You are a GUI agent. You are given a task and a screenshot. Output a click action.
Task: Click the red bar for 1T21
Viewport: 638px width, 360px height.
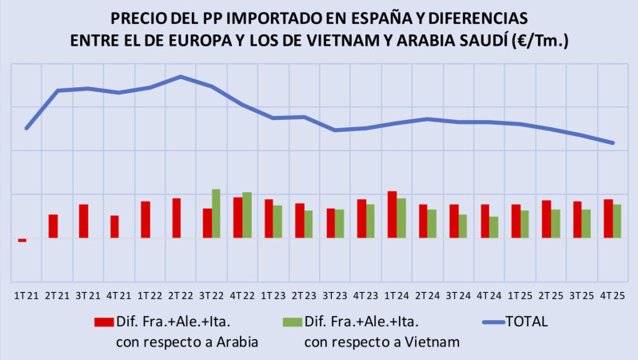point(22,240)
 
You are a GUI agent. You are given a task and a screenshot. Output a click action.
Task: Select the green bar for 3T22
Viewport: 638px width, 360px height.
point(216,214)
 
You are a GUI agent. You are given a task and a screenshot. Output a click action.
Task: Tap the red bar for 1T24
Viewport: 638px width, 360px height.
point(392,214)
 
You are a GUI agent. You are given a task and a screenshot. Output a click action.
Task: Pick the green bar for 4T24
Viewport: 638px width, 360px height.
point(494,227)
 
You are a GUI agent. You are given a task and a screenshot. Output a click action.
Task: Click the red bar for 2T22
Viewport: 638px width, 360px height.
point(176,218)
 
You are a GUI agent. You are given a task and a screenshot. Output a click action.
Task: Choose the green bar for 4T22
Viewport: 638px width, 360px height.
point(247,215)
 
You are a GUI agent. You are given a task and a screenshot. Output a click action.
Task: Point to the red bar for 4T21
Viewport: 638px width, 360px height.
point(114,226)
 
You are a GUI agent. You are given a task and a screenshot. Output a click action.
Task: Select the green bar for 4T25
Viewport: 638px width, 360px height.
point(617,221)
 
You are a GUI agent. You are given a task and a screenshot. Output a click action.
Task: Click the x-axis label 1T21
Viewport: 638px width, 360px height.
point(26,295)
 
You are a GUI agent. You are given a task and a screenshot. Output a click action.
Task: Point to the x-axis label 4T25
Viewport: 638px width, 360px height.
point(613,295)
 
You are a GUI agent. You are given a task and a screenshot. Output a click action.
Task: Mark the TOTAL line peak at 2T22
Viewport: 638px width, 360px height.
point(181,77)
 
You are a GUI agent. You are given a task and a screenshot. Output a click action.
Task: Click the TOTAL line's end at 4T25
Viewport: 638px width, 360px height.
point(612,143)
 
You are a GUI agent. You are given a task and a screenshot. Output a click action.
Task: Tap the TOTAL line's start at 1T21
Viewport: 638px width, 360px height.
point(26,128)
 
